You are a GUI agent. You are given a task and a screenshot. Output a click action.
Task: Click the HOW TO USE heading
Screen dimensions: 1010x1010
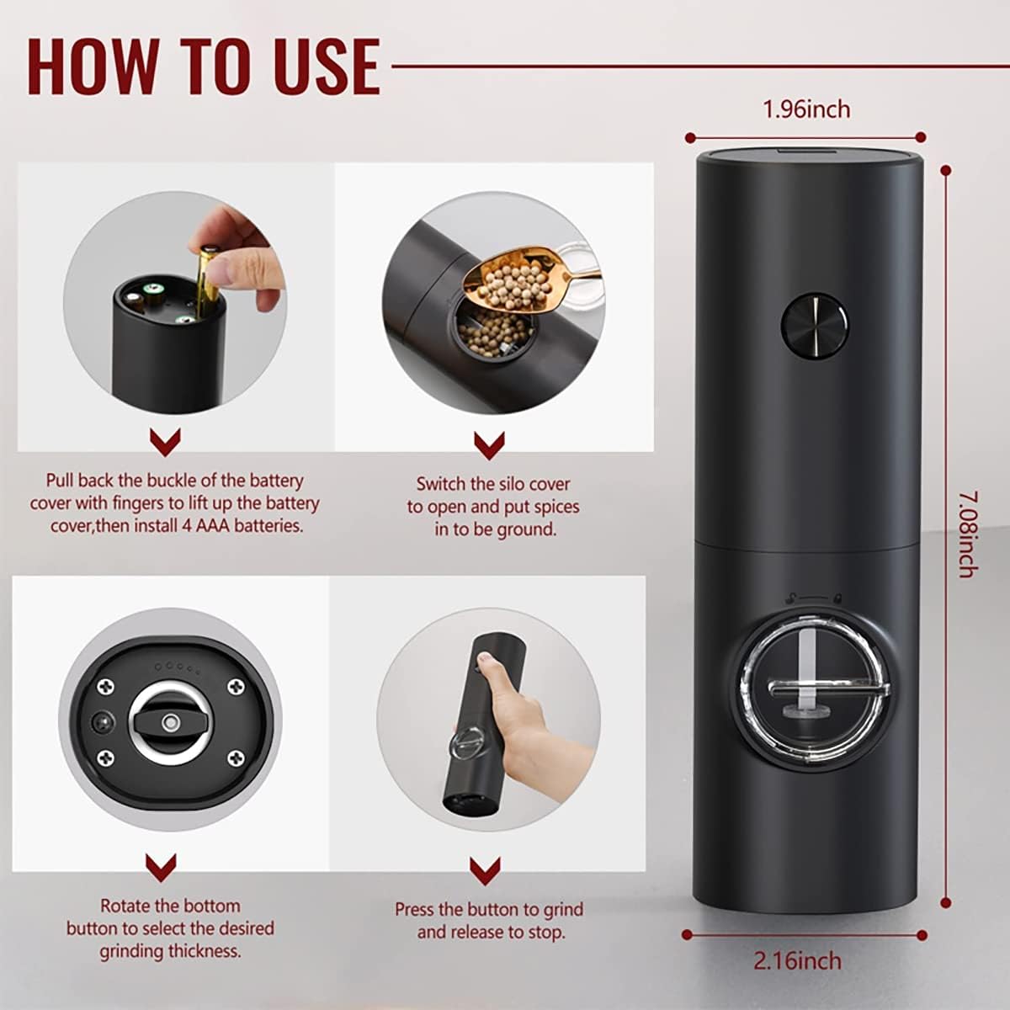[203, 65]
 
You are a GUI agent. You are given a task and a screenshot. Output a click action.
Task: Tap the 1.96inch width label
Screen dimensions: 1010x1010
[805, 109]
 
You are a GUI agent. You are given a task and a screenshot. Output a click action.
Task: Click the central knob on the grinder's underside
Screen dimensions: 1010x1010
[170, 723]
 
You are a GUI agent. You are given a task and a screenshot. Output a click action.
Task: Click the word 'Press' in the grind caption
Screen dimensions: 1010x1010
[416, 910]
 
